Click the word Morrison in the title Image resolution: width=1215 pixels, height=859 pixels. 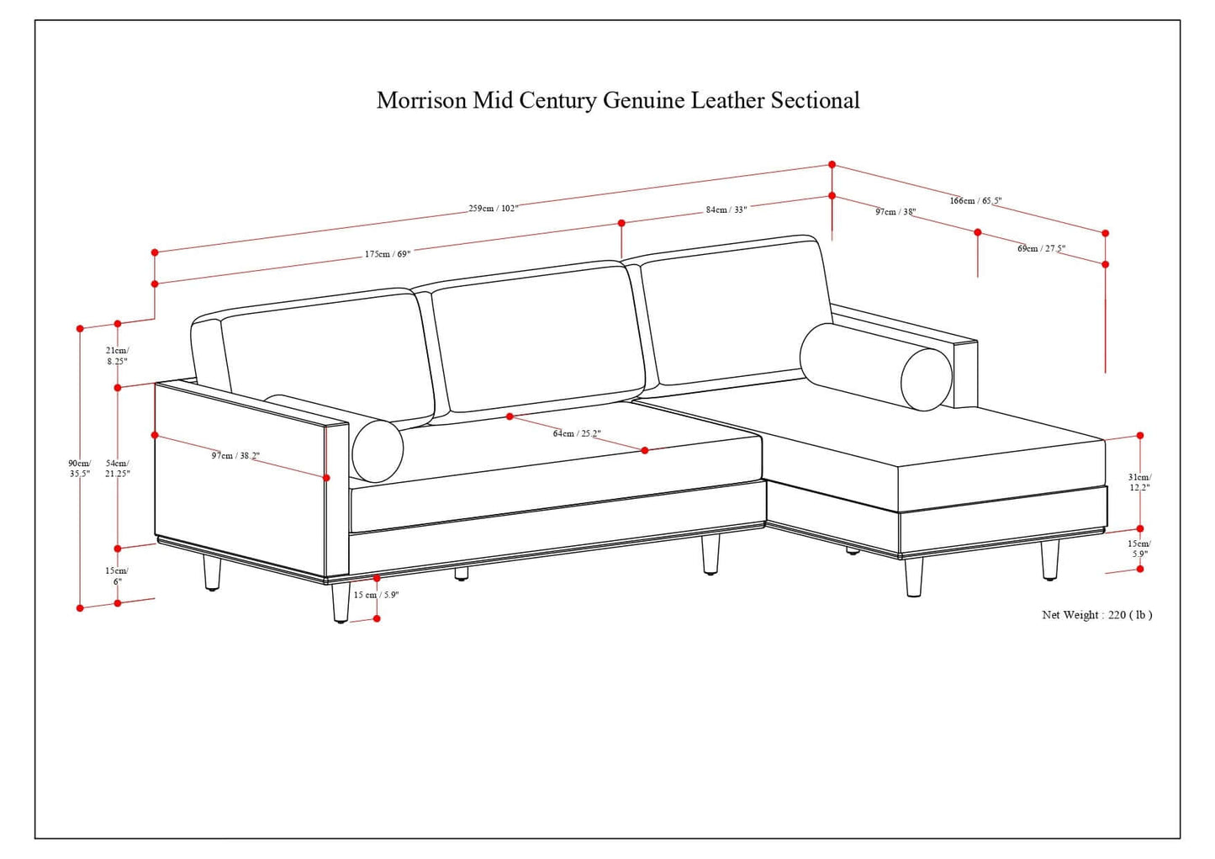421,101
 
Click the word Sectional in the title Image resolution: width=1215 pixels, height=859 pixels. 815,101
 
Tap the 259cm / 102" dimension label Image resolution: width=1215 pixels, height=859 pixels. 494,208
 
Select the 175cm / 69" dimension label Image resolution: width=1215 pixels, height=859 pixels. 388,253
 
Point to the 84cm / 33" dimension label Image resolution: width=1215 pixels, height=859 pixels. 726,209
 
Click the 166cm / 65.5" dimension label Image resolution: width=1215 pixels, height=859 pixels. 975,200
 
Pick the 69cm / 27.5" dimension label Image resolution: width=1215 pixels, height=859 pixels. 1041,248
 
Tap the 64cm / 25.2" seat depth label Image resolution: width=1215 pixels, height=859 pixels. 577,433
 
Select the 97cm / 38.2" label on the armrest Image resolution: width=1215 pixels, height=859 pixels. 235,455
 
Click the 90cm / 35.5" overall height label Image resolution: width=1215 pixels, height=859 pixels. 80,469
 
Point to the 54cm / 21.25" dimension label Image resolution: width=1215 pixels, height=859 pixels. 118,469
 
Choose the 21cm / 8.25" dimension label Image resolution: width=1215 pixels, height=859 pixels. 118,355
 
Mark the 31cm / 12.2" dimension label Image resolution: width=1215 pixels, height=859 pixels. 1139,482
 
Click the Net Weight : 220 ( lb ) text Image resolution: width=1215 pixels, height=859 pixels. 1096,615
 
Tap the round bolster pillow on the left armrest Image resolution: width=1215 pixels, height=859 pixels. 378,451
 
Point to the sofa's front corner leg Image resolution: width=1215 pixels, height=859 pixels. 341,602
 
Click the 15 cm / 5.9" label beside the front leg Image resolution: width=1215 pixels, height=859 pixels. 376,595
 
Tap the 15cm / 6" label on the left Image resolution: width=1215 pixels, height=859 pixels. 117,576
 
